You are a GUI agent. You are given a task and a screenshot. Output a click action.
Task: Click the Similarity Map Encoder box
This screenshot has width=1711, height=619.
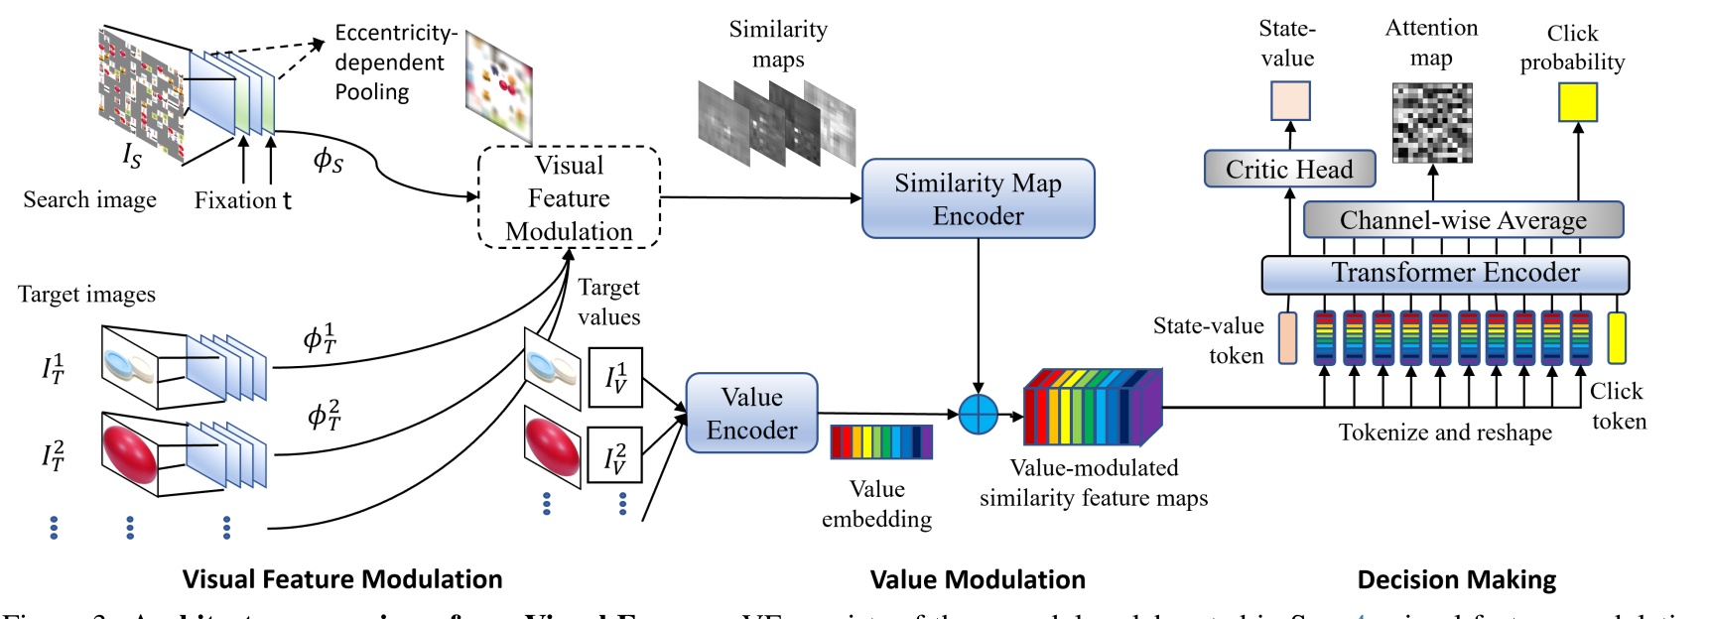[x=978, y=198]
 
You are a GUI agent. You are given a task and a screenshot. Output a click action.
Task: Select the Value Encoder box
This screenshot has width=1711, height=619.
[x=751, y=413]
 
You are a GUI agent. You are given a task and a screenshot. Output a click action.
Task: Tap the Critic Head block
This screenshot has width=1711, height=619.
[x=1289, y=169]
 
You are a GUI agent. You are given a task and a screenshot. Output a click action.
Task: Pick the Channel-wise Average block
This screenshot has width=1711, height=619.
[x=1462, y=219]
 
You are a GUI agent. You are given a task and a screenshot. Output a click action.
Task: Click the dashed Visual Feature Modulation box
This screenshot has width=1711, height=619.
[x=569, y=197]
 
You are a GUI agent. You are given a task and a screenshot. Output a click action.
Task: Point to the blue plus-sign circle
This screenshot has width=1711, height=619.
[x=978, y=414]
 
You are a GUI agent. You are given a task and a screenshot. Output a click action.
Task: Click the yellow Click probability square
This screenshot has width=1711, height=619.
[x=1577, y=102]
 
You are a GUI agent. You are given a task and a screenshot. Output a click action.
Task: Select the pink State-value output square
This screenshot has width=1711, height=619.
[x=1290, y=100]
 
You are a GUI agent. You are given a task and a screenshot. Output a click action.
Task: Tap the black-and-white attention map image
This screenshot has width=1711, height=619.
[x=1431, y=123]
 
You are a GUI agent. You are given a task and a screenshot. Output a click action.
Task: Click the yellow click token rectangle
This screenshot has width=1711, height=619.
[x=1617, y=337]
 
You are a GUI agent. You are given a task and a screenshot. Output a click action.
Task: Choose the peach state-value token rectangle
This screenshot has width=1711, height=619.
[x=1287, y=337]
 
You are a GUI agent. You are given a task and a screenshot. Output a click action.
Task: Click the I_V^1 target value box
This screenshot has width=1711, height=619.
[x=615, y=377]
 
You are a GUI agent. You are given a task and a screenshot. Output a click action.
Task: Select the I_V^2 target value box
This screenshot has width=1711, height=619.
[x=615, y=455]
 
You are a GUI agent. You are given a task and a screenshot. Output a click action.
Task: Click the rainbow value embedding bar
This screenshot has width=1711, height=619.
[x=880, y=441]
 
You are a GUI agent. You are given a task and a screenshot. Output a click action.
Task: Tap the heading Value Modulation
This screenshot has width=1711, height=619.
[x=977, y=579]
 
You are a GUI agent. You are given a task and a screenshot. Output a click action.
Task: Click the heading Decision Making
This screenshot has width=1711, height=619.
[x=1456, y=579]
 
